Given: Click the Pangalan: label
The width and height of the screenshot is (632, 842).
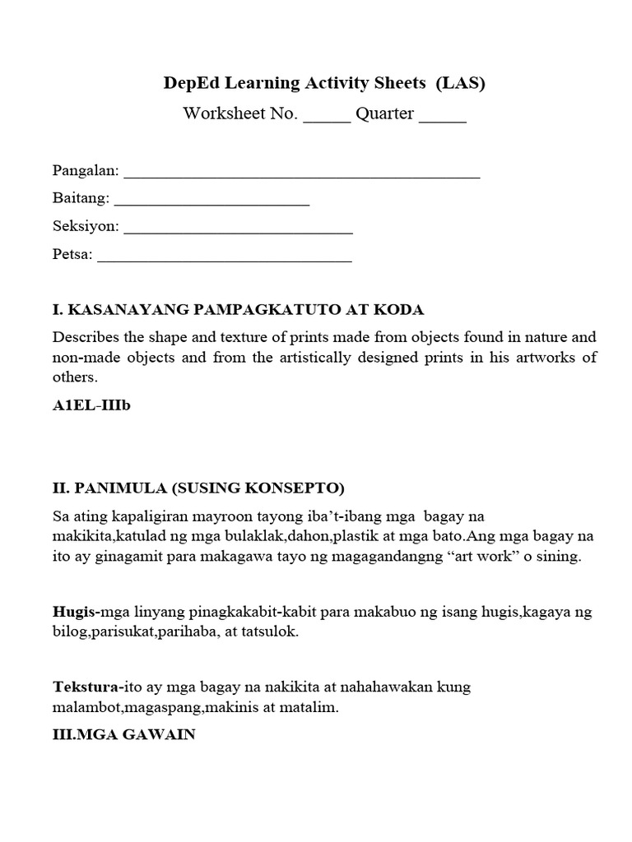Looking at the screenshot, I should coord(86,172).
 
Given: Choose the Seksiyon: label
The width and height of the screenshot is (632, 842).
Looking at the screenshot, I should coord(86,227).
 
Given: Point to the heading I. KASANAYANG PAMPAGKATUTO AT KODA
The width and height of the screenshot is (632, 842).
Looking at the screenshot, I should coord(238,310).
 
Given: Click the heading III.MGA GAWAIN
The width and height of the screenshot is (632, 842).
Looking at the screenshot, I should coord(123,735).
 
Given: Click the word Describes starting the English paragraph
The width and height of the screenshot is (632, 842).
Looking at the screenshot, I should coord(86,338).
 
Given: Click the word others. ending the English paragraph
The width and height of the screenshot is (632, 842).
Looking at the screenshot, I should coord(75,378).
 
